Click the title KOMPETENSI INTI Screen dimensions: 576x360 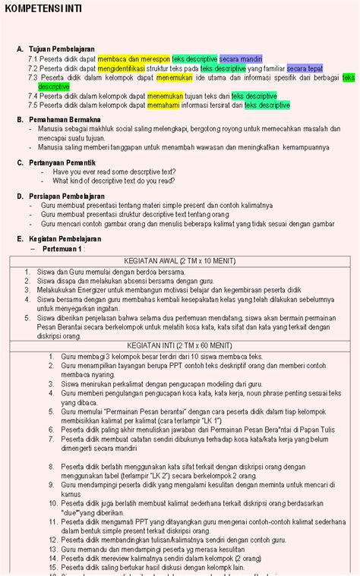pyautogui.click(x=43, y=9)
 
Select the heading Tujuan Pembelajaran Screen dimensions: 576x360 pyautogui.click(x=64, y=48)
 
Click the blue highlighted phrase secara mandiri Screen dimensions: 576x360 pyautogui.click(x=241, y=58)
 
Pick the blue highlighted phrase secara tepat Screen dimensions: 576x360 pyautogui.click(x=305, y=68)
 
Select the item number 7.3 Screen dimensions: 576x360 pyautogui.click(x=33, y=77)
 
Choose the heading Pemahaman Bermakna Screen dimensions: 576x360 pyautogui.click(x=65, y=119)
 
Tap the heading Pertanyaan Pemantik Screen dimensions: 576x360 pyautogui.click(x=62, y=162)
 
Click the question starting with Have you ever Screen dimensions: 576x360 pyautogui.click(x=114, y=172)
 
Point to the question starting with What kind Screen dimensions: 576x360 pyautogui.click(x=114, y=181)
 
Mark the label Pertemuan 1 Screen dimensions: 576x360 pyautogui.click(x=64, y=248)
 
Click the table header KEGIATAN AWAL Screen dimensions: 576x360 pyautogui.click(x=179, y=260)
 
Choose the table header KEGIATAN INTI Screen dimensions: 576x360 pyautogui.click(x=179, y=345)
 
